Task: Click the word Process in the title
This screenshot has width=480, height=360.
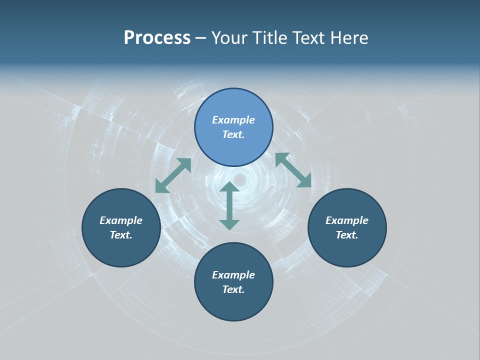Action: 157,38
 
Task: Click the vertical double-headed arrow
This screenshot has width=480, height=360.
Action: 229,206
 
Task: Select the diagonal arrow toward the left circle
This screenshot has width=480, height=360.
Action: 173,175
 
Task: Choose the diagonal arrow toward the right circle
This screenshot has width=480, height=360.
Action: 293,170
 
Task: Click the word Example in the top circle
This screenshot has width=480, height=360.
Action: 233,120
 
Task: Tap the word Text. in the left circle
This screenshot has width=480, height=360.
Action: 121,235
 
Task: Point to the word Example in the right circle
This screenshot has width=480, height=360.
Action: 347,220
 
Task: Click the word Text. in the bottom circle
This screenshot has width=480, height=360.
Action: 233,289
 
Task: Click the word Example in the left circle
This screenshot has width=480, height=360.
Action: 121,220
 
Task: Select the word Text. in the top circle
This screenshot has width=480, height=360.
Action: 233,134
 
